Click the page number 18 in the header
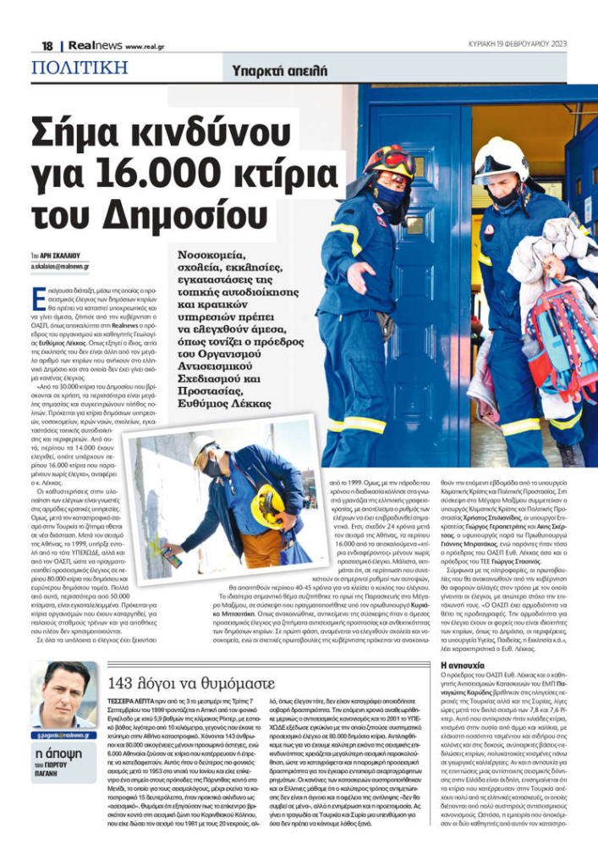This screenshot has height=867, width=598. [47, 46]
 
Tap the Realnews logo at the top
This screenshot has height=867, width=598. [87, 46]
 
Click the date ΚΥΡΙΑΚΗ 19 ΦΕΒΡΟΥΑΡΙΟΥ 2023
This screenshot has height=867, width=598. [518, 45]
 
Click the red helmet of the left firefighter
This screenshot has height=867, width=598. [390, 160]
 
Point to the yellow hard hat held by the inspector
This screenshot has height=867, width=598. [266, 506]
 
